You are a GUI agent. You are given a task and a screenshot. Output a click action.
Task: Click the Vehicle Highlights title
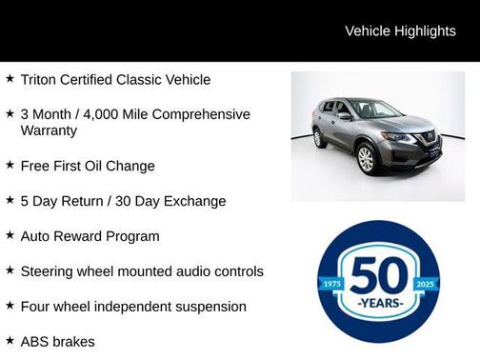coord(400,30)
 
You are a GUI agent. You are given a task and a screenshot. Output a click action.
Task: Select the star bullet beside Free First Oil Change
coord(10,165)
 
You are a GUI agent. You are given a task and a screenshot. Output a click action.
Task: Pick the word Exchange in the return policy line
coord(193,201)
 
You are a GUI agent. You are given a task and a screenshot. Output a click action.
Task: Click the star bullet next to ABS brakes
coord(10,340)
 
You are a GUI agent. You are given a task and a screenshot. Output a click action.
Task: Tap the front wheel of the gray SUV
coord(366,159)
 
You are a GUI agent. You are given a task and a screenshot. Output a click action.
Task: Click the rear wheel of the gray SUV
coord(318,139)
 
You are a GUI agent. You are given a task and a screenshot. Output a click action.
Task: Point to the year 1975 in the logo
coord(332,285)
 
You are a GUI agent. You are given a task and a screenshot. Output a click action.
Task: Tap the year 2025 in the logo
coord(426,285)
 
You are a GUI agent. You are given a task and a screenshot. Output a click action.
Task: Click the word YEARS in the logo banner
coord(379,305)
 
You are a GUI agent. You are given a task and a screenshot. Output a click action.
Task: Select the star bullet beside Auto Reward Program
coord(10,235)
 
